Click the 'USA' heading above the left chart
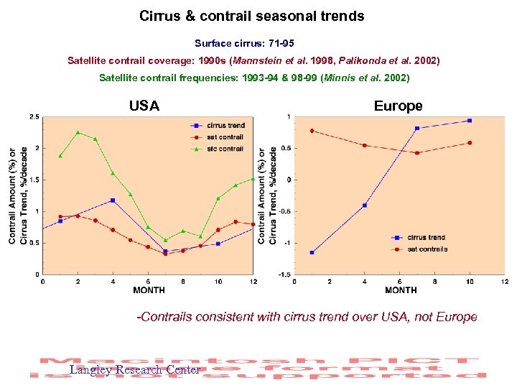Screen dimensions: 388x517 144,106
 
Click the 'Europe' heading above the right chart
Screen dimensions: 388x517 398,106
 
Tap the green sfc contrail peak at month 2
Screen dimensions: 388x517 78,132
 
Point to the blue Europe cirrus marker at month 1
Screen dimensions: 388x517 312,252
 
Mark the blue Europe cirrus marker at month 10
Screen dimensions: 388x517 470,121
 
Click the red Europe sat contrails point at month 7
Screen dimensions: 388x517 416,153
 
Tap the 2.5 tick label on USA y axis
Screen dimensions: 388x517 34,116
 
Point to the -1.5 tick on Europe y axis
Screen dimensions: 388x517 284,274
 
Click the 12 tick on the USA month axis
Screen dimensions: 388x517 253,282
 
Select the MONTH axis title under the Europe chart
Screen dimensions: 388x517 401,290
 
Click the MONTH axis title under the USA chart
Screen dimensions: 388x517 149,290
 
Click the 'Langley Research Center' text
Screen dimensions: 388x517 135,370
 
